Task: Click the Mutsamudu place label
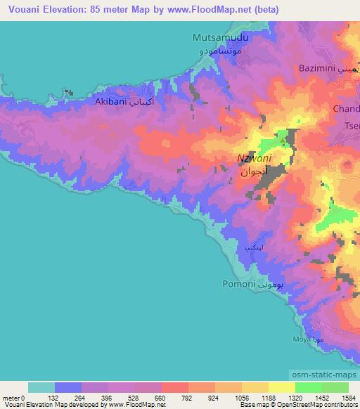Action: [x=219, y=39]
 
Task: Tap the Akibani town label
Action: [x=110, y=100]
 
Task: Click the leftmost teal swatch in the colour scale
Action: [x=41, y=387]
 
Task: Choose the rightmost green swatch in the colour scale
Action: [x=335, y=387]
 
